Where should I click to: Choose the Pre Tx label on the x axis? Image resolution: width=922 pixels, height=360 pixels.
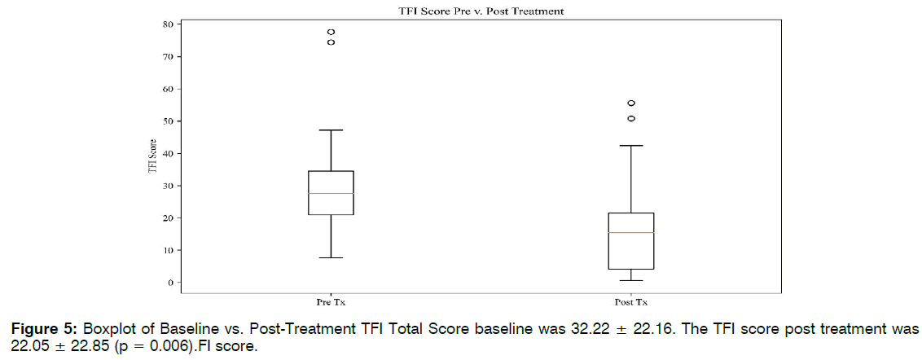(x=331, y=302)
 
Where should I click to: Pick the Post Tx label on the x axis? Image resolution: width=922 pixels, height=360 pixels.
(x=631, y=302)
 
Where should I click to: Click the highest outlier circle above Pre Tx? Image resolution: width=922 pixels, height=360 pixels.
(x=331, y=33)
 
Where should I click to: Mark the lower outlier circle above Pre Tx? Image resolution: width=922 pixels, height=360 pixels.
(x=331, y=42)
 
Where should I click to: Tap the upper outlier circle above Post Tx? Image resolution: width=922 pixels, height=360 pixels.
(x=631, y=103)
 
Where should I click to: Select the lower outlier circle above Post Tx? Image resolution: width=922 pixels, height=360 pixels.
(x=631, y=119)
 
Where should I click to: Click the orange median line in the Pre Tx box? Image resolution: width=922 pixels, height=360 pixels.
(x=331, y=193)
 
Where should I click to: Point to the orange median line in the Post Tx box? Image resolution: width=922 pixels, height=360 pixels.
(x=631, y=233)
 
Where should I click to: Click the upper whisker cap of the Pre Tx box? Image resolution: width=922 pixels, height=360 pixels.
(x=331, y=130)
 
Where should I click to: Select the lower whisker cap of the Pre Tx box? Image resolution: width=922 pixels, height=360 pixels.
(x=331, y=257)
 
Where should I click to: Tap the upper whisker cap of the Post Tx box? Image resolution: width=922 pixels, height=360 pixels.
(x=631, y=146)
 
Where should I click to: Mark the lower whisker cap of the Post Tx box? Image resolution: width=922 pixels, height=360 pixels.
(x=631, y=280)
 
